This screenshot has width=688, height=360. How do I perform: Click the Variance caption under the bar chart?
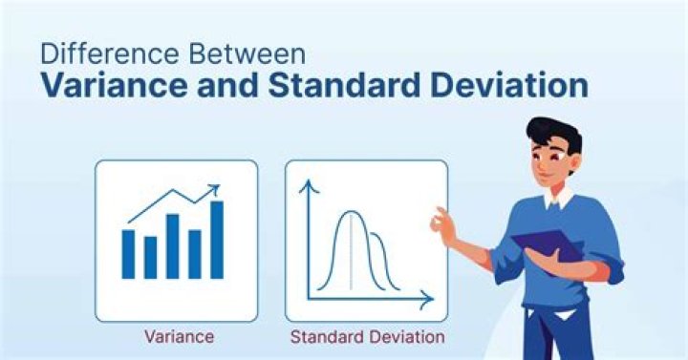click(x=179, y=336)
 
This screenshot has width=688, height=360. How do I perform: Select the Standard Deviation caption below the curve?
click(x=367, y=337)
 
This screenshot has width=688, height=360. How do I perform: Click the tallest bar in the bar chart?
click(x=217, y=240)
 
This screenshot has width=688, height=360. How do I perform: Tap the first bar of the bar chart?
click(x=128, y=253)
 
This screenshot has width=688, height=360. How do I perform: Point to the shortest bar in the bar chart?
click(x=150, y=257)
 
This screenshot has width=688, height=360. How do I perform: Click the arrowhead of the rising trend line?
click(x=215, y=189)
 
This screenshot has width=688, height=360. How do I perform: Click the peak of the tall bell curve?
click(x=351, y=212)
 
